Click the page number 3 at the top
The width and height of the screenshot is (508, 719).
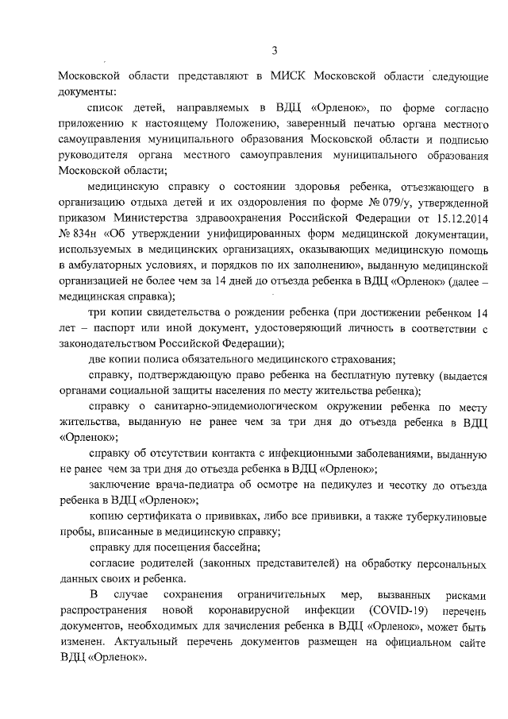[274, 52]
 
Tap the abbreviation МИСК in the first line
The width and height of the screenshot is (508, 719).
[290, 78]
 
